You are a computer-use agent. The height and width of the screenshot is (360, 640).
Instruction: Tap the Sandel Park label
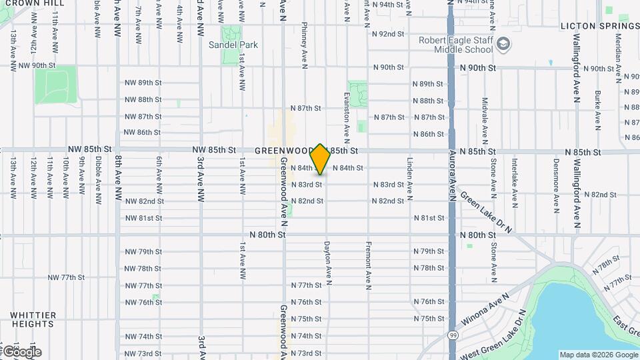233,45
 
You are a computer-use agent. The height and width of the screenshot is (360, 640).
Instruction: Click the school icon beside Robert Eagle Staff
505,45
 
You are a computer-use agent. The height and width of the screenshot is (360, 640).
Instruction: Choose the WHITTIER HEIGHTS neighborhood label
33,319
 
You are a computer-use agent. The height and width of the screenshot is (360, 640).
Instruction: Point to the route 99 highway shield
453,336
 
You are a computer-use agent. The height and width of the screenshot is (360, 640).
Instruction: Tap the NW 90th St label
37,65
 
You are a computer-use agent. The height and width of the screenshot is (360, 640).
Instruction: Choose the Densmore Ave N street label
556,185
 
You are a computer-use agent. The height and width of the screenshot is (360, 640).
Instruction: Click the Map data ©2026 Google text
598,355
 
